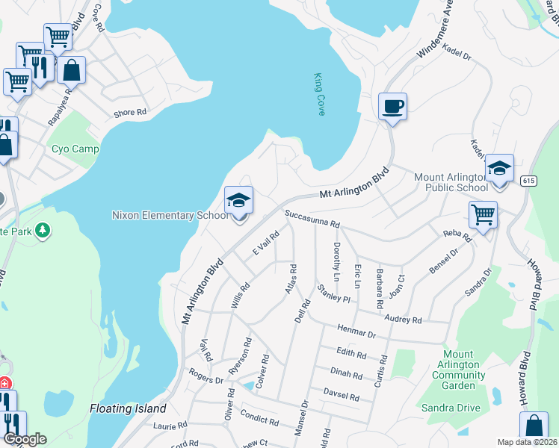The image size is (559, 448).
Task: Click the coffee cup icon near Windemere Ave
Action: [392, 107]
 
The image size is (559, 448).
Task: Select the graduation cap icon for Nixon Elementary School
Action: [239, 201]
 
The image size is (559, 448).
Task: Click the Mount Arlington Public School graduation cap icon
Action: [499, 169]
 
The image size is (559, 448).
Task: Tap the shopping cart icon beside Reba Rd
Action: [483, 215]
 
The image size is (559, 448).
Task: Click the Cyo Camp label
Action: [75, 149]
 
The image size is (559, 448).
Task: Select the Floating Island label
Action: [127, 409]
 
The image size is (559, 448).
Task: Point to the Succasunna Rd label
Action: [312, 222]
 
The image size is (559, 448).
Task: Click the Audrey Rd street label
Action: [402, 320]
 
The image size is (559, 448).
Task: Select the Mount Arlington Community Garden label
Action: [458, 370]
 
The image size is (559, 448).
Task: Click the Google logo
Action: [25, 439]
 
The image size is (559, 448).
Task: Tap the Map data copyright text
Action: [527, 442]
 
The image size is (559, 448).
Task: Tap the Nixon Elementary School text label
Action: [170, 216]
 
